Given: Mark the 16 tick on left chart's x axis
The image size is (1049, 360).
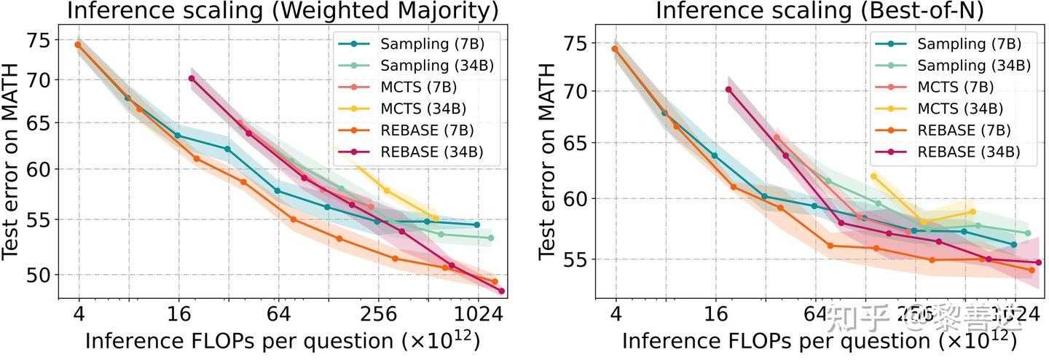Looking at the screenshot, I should (x=178, y=314).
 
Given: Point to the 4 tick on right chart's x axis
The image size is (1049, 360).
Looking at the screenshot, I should (x=616, y=314).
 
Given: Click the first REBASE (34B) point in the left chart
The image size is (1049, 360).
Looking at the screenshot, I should (x=191, y=79).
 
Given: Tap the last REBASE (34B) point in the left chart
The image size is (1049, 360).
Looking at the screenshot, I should (x=501, y=291).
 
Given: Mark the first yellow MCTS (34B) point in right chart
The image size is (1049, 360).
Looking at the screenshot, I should (x=873, y=176).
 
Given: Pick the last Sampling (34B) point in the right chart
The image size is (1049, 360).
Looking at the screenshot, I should (x=1028, y=233).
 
